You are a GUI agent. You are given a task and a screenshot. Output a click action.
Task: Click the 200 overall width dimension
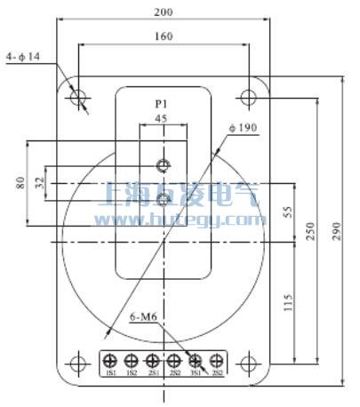click(x=163, y=12)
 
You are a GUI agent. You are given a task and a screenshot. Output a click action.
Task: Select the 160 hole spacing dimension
click(x=163, y=36)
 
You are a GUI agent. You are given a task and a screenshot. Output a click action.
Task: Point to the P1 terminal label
click(x=162, y=103)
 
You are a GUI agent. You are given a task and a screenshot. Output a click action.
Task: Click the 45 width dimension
click(x=161, y=119)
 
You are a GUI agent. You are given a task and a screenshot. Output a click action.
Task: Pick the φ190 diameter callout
click(x=243, y=128)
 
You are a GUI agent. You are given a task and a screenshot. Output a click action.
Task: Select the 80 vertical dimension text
click(x=20, y=184)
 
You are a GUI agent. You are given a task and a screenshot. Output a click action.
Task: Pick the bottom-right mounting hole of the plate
click(x=248, y=363)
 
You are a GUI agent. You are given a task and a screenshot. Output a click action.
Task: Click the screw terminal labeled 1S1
click(x=110, y=362)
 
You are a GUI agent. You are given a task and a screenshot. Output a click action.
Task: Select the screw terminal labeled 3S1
click(x=196, y=362)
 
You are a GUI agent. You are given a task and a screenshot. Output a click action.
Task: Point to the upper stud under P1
click(x=163, y=165)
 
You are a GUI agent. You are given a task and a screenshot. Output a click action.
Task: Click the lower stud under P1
click(x=163, y=197)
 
